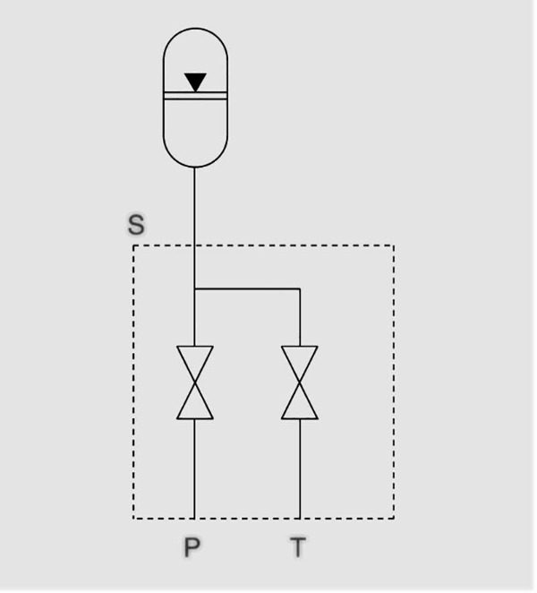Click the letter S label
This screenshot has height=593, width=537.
136,225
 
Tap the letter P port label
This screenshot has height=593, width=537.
192,547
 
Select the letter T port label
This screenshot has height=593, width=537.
298,547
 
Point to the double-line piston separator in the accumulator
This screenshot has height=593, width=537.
195,96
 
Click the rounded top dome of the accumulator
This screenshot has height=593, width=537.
195,29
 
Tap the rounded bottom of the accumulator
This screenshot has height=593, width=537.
195,166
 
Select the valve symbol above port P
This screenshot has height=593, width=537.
195,382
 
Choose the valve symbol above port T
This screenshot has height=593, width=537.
300,382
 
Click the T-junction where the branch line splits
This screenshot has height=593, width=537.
194,289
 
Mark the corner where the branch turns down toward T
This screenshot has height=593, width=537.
300,289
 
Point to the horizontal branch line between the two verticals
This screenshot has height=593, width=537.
247,289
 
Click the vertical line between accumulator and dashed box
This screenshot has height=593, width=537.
194,206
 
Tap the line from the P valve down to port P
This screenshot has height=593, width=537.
194,469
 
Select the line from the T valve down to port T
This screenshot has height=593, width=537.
300,469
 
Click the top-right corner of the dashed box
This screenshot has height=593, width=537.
394,245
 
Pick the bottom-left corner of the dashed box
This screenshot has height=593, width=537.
133,518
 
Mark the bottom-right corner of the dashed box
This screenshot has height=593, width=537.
394,518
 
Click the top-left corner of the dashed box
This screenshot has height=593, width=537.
133,245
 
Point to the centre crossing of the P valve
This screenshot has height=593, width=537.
195,382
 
